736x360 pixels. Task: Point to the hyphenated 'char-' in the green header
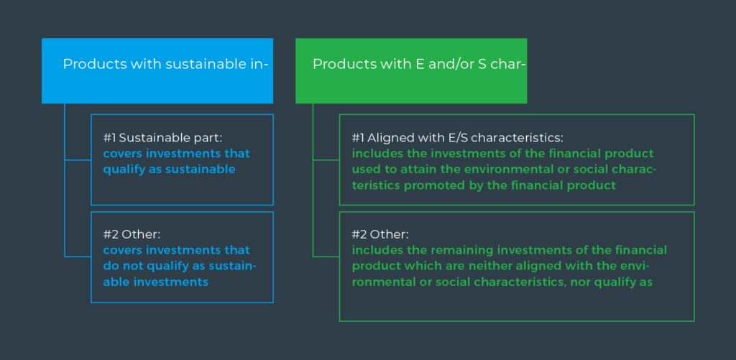[507, 64]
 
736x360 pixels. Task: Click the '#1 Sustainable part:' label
[162, 138]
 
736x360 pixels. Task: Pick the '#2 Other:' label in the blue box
[132, 234]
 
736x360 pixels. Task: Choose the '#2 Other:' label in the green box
[381, 234]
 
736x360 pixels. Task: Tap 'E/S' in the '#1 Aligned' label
[480, 138]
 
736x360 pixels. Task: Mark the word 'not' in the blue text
[132, 266]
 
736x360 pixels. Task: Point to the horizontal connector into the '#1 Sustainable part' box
[78, 160]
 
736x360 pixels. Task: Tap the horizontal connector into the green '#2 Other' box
[326, 257]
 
